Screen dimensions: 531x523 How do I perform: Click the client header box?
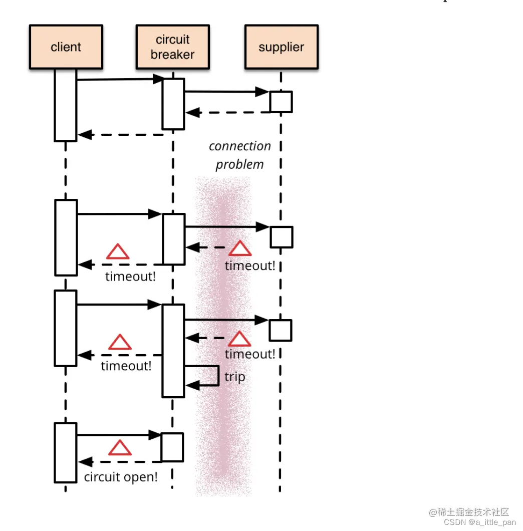(66, 47)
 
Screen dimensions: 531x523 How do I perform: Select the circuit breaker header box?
(172, 47)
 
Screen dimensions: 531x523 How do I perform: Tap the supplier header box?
(281, 47)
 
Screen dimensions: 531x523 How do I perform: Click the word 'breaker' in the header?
(172, 55)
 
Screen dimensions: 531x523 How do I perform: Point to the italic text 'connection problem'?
(239, 155)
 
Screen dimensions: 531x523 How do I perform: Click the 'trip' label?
(234, 377)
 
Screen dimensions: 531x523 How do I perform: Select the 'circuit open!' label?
(121, 477)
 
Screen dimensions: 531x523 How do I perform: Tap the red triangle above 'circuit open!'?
(120, 448)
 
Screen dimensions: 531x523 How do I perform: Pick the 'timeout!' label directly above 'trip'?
(249, 354)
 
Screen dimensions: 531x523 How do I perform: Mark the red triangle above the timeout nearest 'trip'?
(239, 339)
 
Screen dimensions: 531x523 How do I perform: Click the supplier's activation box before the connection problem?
(281, 102)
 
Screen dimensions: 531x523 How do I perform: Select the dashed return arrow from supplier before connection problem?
(228, 113)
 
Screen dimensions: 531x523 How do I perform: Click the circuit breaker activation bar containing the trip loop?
(173, 351)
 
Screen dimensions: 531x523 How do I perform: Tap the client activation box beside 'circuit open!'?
(66, 453)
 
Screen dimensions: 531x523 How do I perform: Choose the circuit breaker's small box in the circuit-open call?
(172, 447)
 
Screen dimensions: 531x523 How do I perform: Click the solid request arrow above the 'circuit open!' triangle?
(118, 435)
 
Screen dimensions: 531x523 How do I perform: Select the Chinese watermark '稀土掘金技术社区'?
(469, 512)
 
